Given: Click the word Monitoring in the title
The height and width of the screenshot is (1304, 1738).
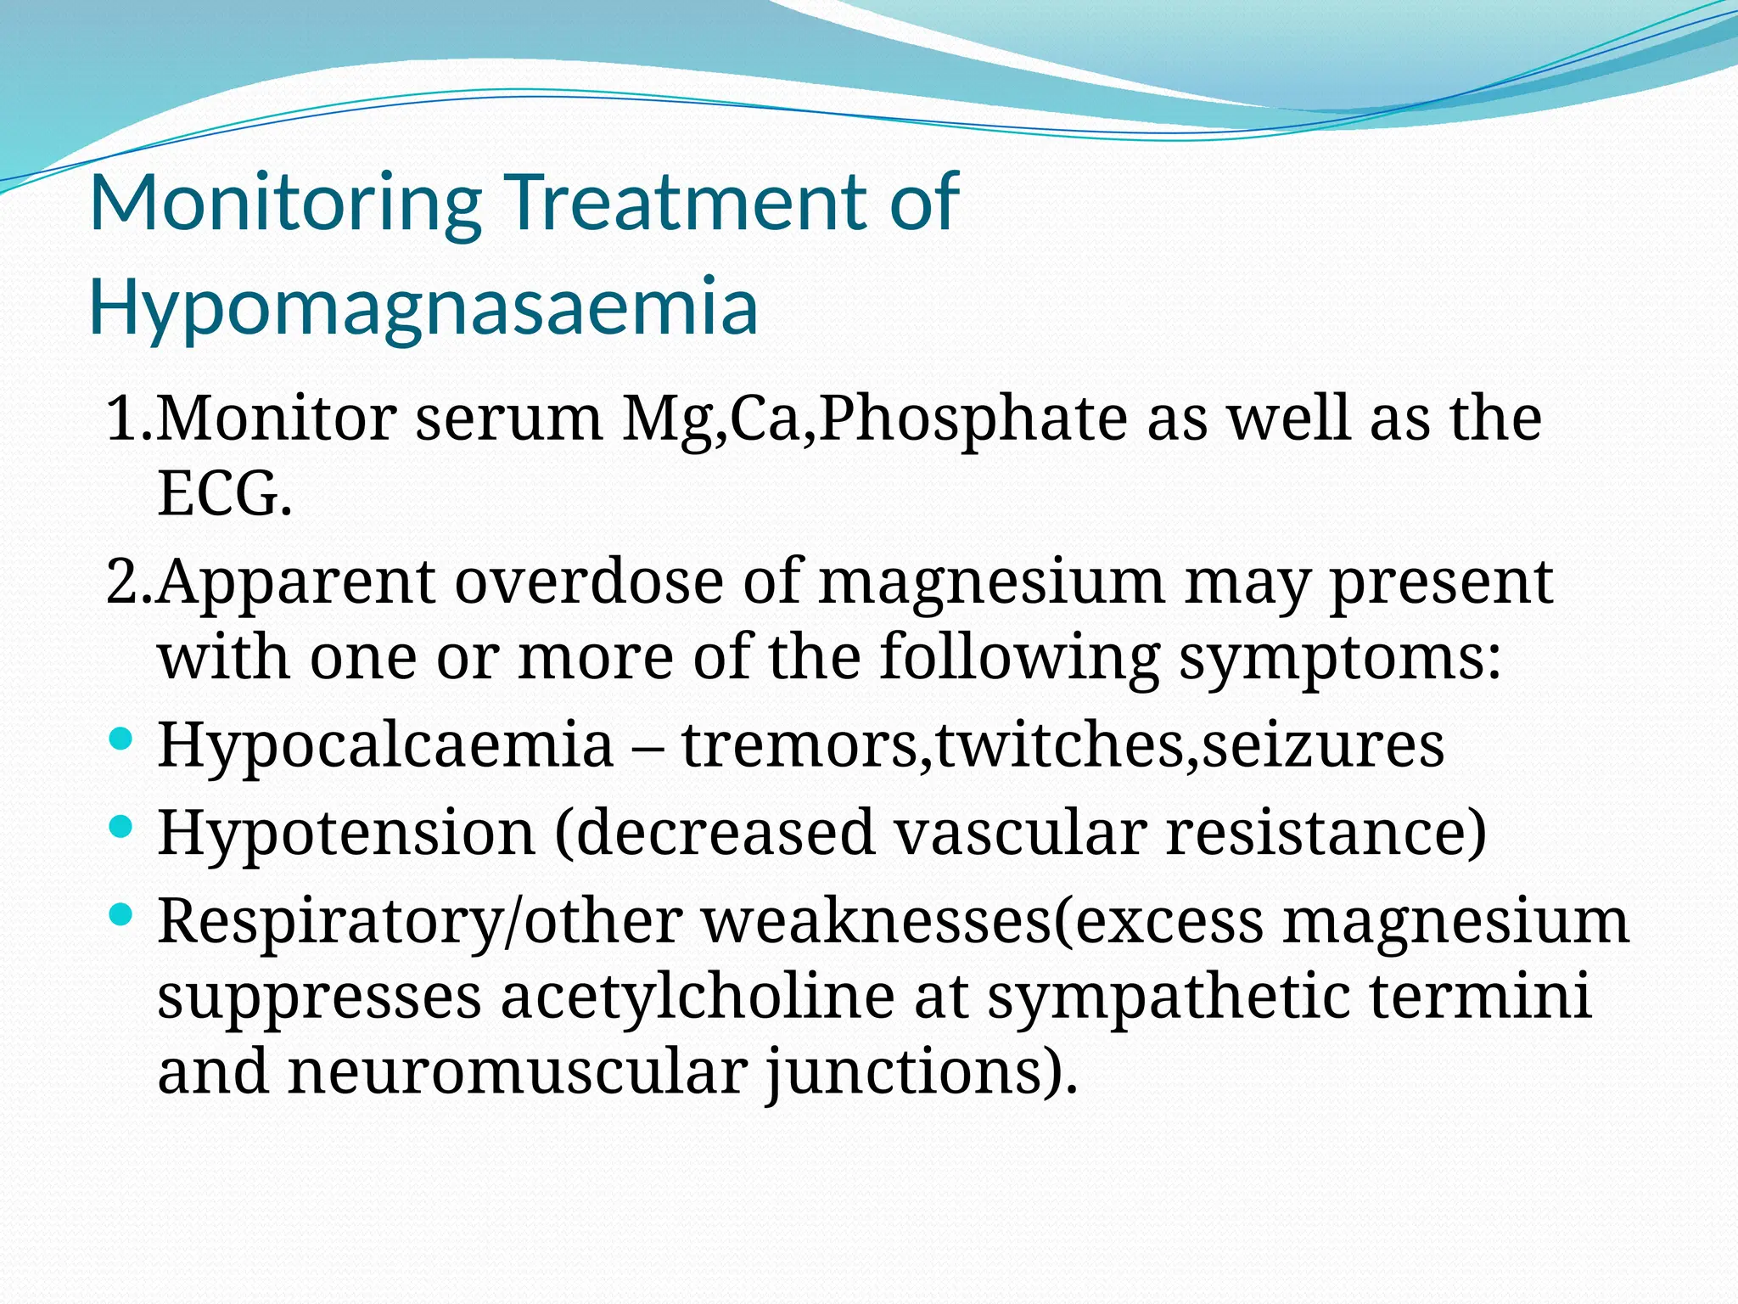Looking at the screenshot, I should tap(285, 204).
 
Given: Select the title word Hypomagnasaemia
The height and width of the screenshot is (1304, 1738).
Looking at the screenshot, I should tap(423, 307).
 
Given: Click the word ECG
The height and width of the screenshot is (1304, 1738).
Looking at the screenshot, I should tap(224, 494).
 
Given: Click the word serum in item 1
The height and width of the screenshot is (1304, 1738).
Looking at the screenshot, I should tap(508, 419).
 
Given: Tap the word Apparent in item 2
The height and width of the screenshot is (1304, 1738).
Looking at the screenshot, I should tap(296, 584).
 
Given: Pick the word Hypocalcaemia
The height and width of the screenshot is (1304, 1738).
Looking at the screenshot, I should tap(385, 745).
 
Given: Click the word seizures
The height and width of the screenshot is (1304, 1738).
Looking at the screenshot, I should tap(1323, 745).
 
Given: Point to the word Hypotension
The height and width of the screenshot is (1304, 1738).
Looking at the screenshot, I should tap(346, 833).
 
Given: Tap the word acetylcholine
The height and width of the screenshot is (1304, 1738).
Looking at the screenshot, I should tap(697, 997).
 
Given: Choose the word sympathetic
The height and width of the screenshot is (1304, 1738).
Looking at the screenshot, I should tap(1168, 997).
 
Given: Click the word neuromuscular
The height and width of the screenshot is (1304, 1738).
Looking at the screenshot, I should tap(518, 1071).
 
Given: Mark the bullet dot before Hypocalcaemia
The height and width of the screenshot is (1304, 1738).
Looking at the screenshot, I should tap(121, 737).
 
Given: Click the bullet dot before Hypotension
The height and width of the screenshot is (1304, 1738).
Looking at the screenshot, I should tap(121, 825).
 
